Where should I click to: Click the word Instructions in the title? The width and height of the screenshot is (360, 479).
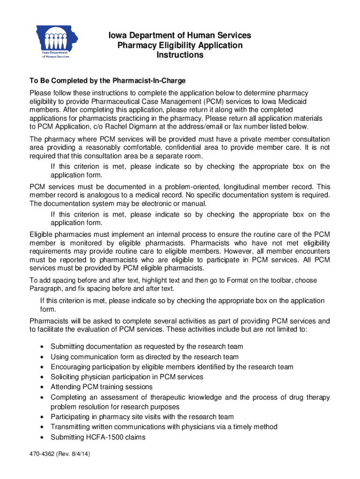[x=180, y=55]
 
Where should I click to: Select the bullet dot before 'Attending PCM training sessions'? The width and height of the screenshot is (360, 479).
[x=43, y=387]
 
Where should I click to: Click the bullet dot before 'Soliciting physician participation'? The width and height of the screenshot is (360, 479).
[x=43, y=377]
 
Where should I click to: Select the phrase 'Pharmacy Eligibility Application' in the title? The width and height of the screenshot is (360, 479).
[x=180, y=45]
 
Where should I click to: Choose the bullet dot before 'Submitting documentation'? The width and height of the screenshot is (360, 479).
[x=43, y=347]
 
